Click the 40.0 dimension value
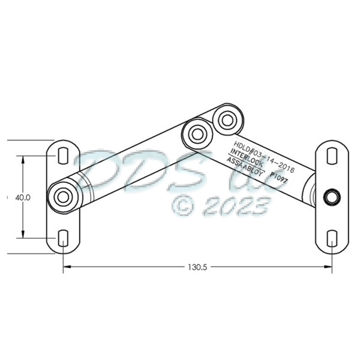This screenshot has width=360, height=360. point(23,197)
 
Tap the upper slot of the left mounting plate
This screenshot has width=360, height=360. point(62,155)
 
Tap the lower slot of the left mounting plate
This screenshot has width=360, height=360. point(62,238)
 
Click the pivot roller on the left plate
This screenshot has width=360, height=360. point(62,196)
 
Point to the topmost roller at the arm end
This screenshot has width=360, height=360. point(227,119)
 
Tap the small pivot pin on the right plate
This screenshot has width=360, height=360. point(331,196)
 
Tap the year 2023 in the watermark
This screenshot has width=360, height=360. point(236,207)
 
